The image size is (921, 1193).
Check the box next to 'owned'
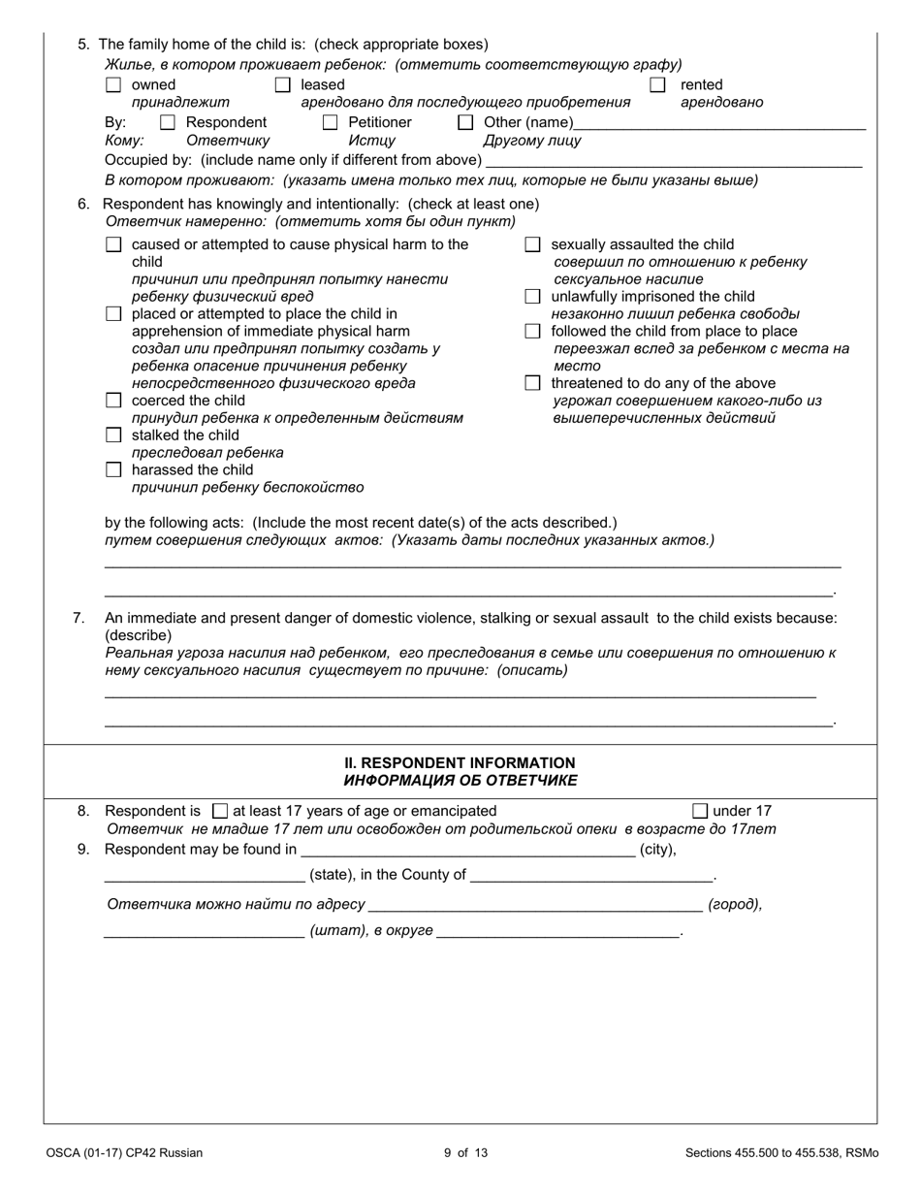coord(113,85)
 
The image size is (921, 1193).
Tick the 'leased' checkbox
coord(283,85)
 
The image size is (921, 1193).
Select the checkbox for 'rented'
coord(657,85)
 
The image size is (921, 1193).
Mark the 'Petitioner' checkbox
coord(331,122)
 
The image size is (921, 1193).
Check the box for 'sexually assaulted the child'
coord(532,245)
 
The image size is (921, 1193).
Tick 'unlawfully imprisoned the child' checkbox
coord(532,297)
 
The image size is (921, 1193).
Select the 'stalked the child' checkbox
coord(113,435)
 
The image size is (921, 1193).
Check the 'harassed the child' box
coord(113,470)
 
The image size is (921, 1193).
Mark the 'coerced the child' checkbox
coord(113,401)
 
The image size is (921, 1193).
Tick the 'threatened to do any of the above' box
coord(532,383)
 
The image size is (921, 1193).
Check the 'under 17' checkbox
coord(700,812)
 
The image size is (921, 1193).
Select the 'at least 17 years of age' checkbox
coord(220,812)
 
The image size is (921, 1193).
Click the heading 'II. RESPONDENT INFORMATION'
coord(460,763)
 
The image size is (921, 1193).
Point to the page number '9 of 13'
coord(465,1153)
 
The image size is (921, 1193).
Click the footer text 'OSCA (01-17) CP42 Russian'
coord(124,1153)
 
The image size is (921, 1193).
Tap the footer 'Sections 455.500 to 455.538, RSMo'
coord(781,1153)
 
